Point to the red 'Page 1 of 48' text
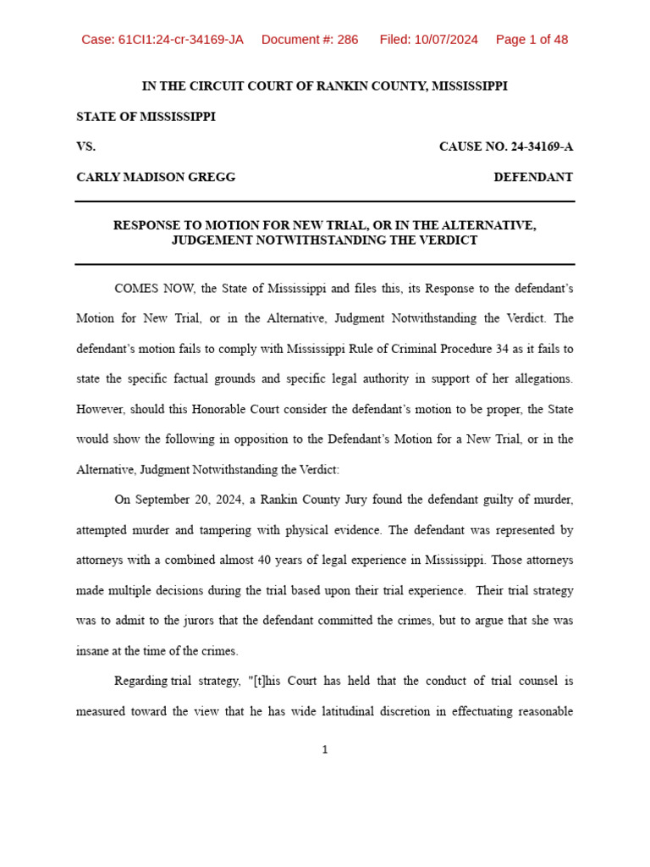(x=532, y=40)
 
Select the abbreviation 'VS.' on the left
(x=86, y=146)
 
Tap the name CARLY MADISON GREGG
(x=156, y=177)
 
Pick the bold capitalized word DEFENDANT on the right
(x=533, y=177)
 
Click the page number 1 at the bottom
(x=324, y=750)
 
